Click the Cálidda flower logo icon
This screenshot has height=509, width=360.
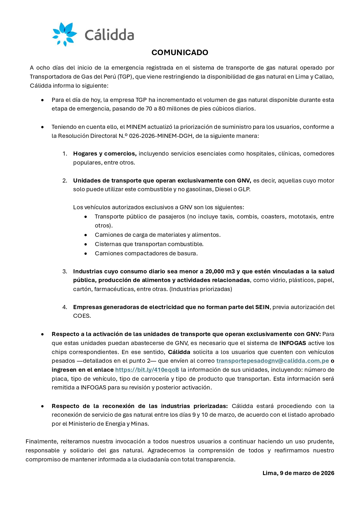click(64, 34)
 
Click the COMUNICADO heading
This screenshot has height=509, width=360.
click(180, 53)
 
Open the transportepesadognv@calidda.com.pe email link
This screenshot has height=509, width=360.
click(272, 361)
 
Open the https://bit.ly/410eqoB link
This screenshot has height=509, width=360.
click(147, 370)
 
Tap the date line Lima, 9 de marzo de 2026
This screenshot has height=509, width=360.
click(298, 473)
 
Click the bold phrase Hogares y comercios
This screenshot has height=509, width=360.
click(105, 154)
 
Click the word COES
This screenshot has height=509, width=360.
click(82, 316)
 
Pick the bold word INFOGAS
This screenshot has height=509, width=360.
click(292, 343)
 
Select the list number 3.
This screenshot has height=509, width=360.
click(65, 271)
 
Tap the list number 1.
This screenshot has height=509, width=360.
click(65, 154)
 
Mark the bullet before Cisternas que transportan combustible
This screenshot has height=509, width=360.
click(86, 244)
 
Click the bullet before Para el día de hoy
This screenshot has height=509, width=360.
click(43, 100)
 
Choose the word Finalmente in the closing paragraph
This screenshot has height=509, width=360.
click(41, 441)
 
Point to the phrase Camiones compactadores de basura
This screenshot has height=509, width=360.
click(146, 253)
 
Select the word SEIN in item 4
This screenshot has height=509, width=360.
click(262, 307)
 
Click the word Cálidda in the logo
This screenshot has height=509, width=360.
click(109, 35)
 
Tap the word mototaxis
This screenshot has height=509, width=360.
click(303, 216)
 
